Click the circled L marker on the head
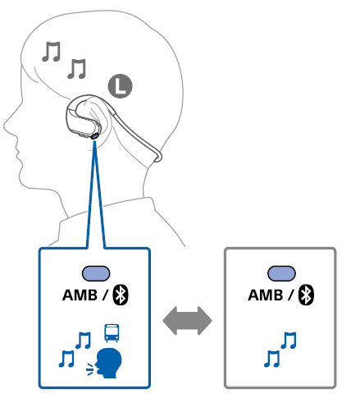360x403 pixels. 120,86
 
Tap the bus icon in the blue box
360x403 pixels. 112,332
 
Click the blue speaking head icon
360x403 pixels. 108,363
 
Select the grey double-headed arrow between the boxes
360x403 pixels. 187,321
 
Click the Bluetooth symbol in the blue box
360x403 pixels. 121,295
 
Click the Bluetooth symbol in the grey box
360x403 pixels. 306,295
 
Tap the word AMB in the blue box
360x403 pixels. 80,295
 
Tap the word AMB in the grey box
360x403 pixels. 266,295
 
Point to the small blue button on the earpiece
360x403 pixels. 94,135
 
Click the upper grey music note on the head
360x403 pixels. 52,52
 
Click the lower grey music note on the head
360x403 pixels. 77,69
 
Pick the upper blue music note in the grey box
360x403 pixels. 289,340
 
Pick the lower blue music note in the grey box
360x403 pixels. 271,359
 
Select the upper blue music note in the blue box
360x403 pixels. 83,340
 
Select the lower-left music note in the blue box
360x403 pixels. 66,359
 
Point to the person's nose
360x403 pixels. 6,126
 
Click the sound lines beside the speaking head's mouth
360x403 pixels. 90,369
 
